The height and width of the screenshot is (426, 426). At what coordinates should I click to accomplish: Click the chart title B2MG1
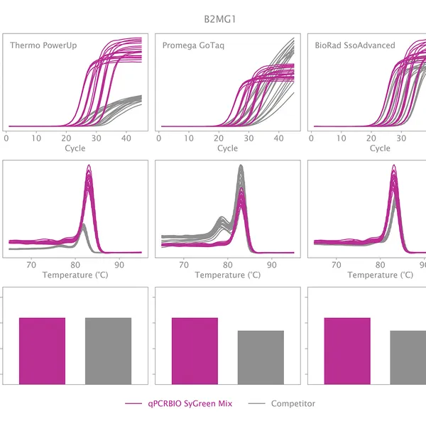(x=224, y=18)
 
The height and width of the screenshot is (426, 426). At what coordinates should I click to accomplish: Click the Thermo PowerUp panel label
(x=44, y=46)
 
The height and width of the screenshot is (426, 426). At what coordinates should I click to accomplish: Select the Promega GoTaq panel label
(x=195, y=46)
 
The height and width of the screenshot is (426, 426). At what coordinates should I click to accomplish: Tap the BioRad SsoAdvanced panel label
(x=355, y=46)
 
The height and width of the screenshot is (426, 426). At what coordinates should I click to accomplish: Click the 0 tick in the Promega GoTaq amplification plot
(x=159, y=138)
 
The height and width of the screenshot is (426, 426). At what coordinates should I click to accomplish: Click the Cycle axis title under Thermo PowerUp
(x=75, y=148)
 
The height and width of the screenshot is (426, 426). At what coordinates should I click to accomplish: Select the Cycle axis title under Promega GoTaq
(x=227, y=148)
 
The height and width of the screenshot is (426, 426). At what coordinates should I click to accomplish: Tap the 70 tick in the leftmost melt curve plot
(x=31, y=264)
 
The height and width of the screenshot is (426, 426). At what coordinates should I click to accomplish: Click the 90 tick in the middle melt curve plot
(x=272, y=264)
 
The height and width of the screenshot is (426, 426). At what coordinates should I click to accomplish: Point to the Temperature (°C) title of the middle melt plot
(x=227, y=275)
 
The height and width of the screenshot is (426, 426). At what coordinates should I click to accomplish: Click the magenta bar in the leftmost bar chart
(x=42, y=350)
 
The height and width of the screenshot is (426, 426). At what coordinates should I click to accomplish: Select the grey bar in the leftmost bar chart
(x=108, y=350)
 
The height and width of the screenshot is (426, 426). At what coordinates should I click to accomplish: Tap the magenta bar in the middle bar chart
(x=195, y=350)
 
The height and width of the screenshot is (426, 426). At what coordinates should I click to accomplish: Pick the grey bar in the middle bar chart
(x=261, y=357)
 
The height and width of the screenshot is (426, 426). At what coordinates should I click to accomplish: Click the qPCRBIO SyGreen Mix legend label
(x=190, y=403)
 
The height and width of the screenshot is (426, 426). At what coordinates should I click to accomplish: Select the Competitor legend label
(x=293, y=403)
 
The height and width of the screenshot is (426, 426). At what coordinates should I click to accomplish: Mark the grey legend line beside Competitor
(x=257, y=403)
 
